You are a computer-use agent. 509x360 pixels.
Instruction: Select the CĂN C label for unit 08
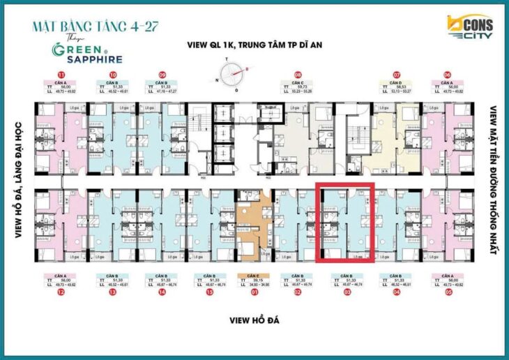coord(298,83)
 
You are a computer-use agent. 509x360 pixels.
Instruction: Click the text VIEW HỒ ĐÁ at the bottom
coord(254,320)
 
